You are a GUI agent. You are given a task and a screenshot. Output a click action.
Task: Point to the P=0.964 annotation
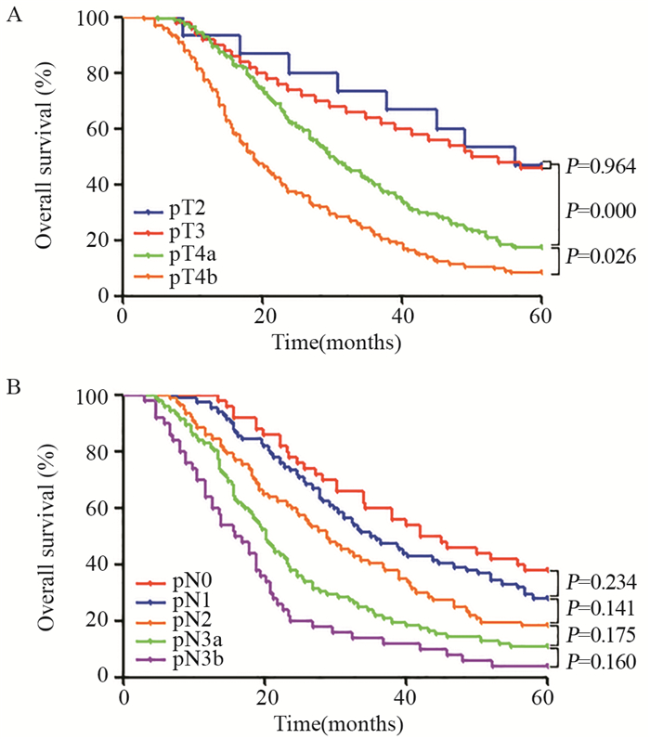click(x=600, y=167)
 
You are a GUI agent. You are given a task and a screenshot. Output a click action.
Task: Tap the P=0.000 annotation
click(x=600, y=212)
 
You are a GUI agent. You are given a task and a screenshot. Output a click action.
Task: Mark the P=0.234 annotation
click(x=600, y=582)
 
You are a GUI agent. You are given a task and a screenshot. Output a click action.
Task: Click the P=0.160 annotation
click(x=600, y=663)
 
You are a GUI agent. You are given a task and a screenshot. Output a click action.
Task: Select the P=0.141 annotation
click(x=600, y=609)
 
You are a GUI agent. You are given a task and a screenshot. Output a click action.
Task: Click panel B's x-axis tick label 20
click(x=264, y=695)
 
